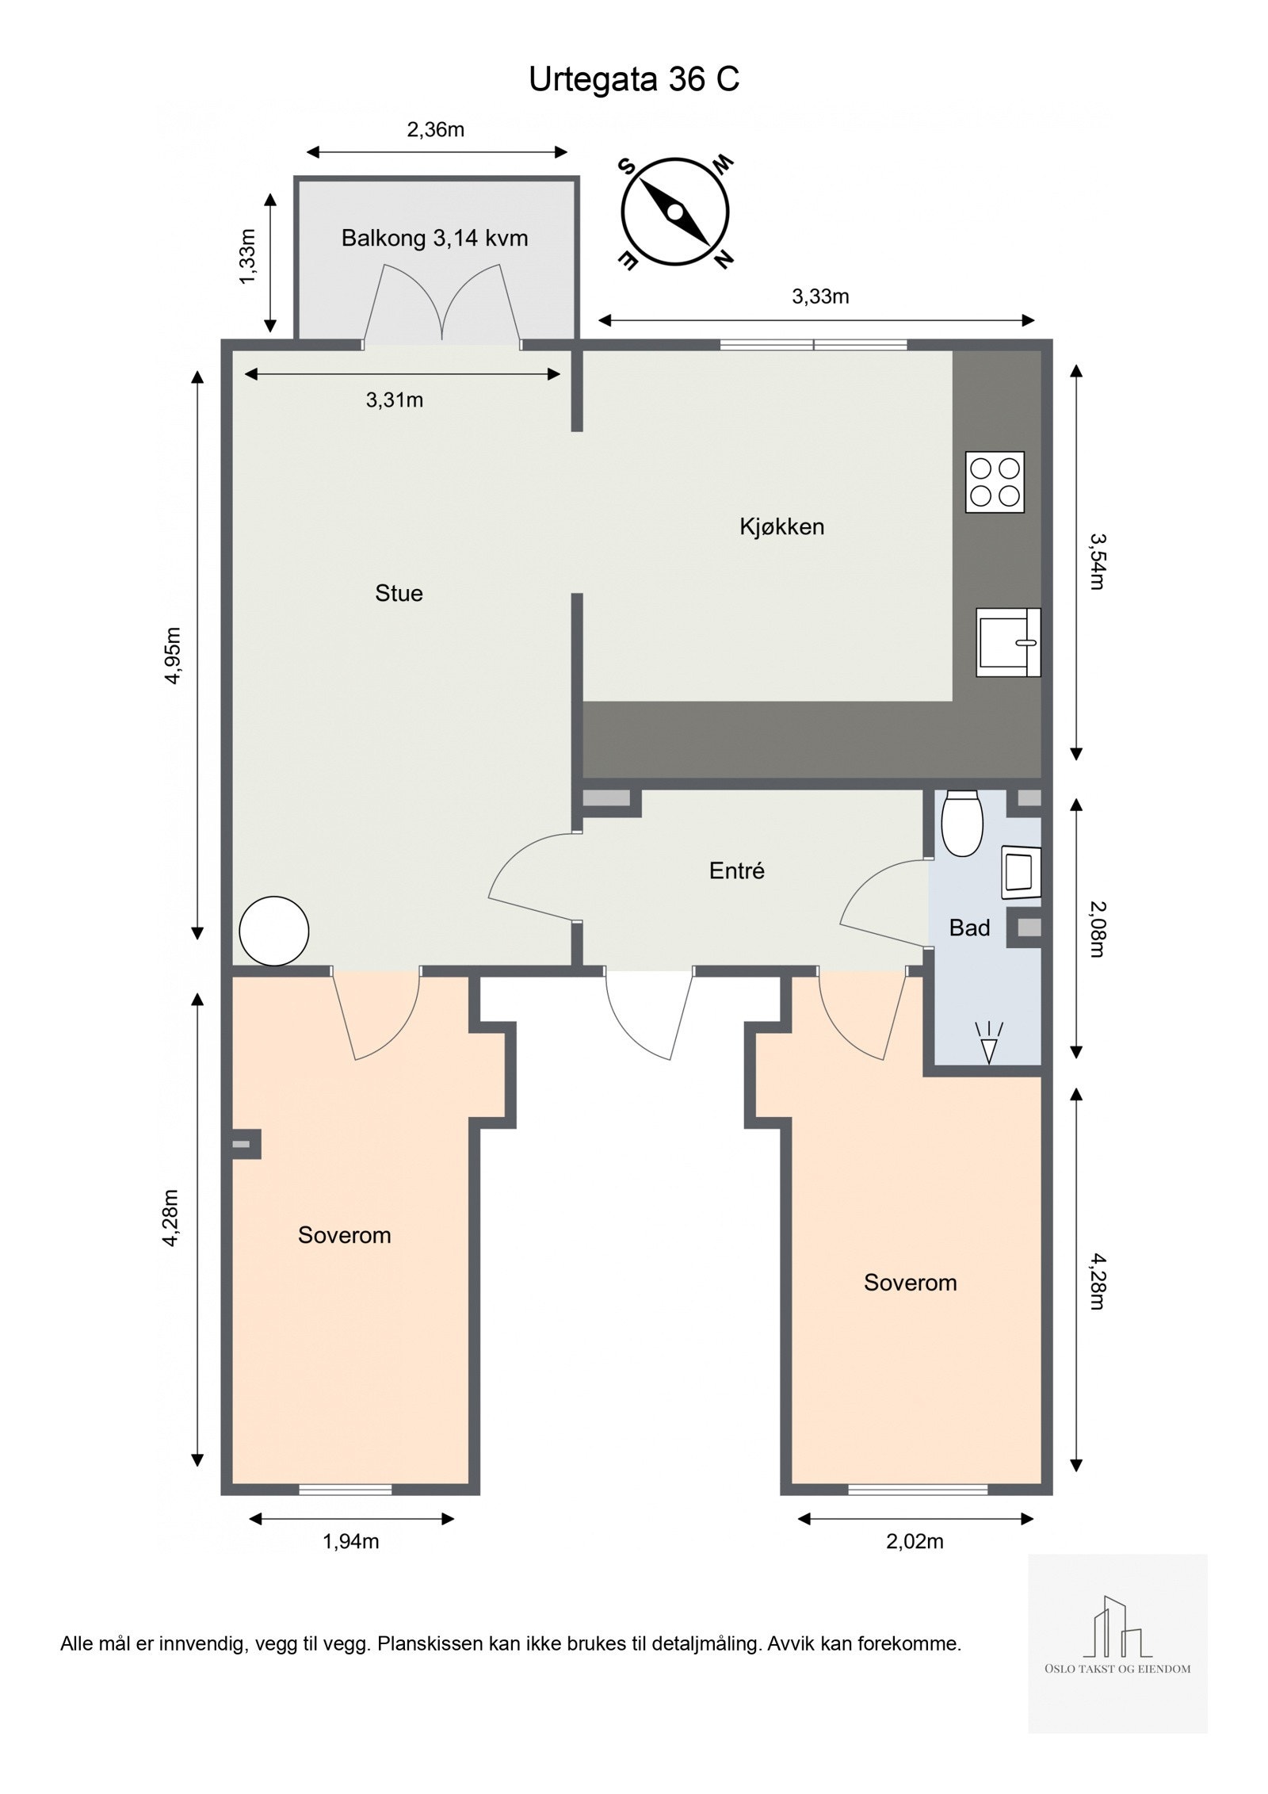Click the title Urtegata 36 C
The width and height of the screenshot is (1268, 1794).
point(634,80)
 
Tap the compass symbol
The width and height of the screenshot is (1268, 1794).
point(674,212)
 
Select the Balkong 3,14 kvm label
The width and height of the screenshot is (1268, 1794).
point(434,238)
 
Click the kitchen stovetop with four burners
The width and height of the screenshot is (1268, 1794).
point(995,481)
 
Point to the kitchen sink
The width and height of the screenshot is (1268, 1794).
point(1008,642)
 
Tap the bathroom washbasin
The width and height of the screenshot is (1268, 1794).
point(1022,873)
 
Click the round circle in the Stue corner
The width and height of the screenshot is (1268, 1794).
point(273,931)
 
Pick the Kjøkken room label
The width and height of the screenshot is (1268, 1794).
point(782,526)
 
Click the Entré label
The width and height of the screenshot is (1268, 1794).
point(737,871)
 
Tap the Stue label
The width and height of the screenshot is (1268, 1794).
point(399,593)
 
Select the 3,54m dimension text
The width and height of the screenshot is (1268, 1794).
point(1096,561)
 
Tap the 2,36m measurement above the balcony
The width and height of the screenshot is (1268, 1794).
point(436,129)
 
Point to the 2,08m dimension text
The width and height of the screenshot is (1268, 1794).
point(1096,928)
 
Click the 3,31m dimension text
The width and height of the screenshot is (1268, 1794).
point(395,400)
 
